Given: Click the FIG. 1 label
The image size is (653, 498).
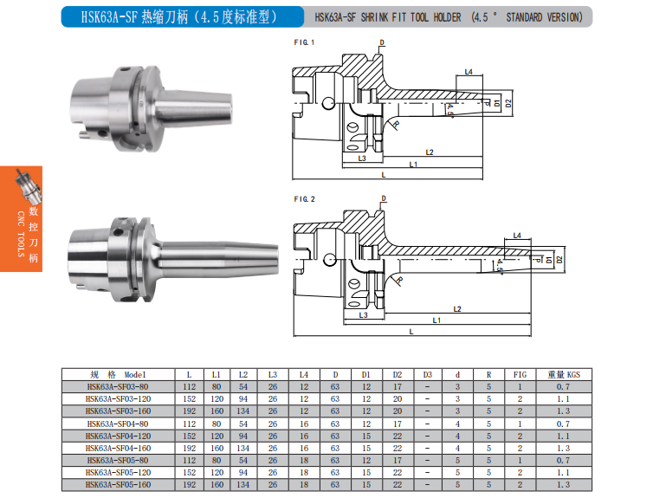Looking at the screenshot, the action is [304, 42].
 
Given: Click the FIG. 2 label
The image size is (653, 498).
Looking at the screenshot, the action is [305, 199].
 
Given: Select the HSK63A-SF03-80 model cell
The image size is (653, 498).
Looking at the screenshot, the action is [118, 387].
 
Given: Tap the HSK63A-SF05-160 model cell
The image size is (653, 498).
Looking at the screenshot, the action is [118, 485].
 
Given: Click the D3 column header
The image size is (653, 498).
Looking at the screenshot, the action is [428, 375].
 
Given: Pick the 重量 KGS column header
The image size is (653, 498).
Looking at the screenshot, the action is [564, 375].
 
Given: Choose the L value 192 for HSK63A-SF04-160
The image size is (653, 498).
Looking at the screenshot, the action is [189, 449].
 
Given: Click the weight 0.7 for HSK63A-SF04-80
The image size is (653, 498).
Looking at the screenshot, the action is [563, 424].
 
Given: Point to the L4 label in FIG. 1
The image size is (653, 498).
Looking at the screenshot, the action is [469, 72].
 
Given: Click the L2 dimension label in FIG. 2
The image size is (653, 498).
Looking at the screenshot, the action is [457, 309].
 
